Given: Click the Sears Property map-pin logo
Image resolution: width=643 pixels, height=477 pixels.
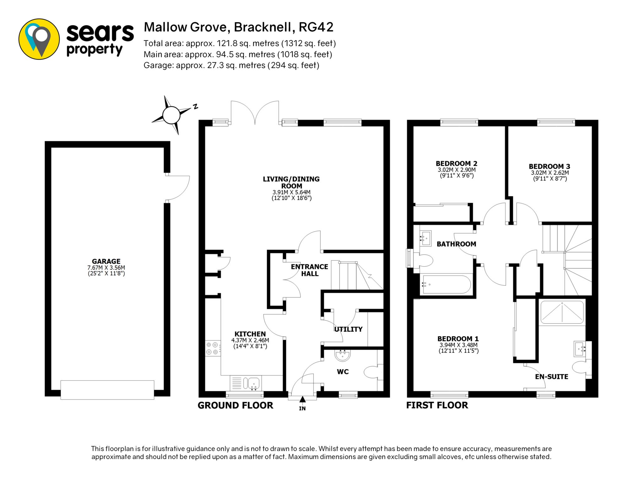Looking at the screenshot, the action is coord(39,39).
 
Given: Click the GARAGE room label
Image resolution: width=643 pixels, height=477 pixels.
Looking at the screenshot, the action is coord(106,261).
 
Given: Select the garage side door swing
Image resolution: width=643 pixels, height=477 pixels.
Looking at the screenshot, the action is coord(178,188).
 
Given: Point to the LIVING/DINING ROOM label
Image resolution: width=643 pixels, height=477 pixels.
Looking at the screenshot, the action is coord(291,182).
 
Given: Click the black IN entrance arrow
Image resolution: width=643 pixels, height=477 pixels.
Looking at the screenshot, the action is coord(302,399).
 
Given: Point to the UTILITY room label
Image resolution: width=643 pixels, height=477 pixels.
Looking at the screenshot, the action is coord(348,329).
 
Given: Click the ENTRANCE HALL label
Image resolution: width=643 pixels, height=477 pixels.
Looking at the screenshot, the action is coord(309,270).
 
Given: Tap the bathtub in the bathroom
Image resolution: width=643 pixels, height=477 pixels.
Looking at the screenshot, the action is coord(445,284).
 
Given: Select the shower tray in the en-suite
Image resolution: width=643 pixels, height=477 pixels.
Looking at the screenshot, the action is coord(562,312).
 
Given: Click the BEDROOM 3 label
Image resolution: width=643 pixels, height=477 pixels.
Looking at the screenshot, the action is coord(549,167).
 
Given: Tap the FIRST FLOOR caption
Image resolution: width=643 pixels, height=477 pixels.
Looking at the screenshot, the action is coord(437,405).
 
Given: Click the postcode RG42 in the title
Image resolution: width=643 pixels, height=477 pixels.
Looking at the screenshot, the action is coord(316,27).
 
